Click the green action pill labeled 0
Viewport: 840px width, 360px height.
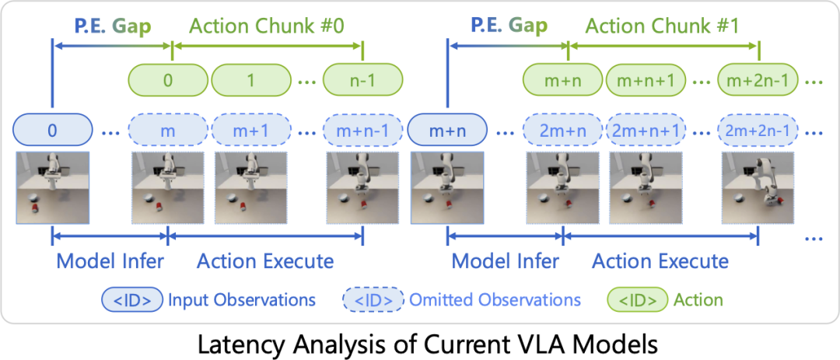(x=168, y=81)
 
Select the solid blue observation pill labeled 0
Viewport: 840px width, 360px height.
(x=52, y=130)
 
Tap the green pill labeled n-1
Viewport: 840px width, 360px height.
(x=362, y=81)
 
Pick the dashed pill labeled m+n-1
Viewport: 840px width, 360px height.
(x=362, y=130)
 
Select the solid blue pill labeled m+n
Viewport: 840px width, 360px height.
(x=447, y=130)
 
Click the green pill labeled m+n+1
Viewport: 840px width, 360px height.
(x=647, y=81)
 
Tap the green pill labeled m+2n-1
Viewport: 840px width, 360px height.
(x=758, y=81)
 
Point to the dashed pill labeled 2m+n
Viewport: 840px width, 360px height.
(x=563, y=130)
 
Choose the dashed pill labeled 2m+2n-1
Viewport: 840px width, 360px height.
(x=758, y=130)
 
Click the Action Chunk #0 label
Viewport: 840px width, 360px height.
(x=265, y=26)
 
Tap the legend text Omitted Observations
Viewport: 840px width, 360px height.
(x=495, y=299)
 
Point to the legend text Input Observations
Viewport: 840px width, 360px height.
(x=242, y=299)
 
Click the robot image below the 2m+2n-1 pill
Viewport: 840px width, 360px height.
(x=758, y=187)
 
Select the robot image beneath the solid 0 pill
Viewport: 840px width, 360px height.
(x=52, y=187)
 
